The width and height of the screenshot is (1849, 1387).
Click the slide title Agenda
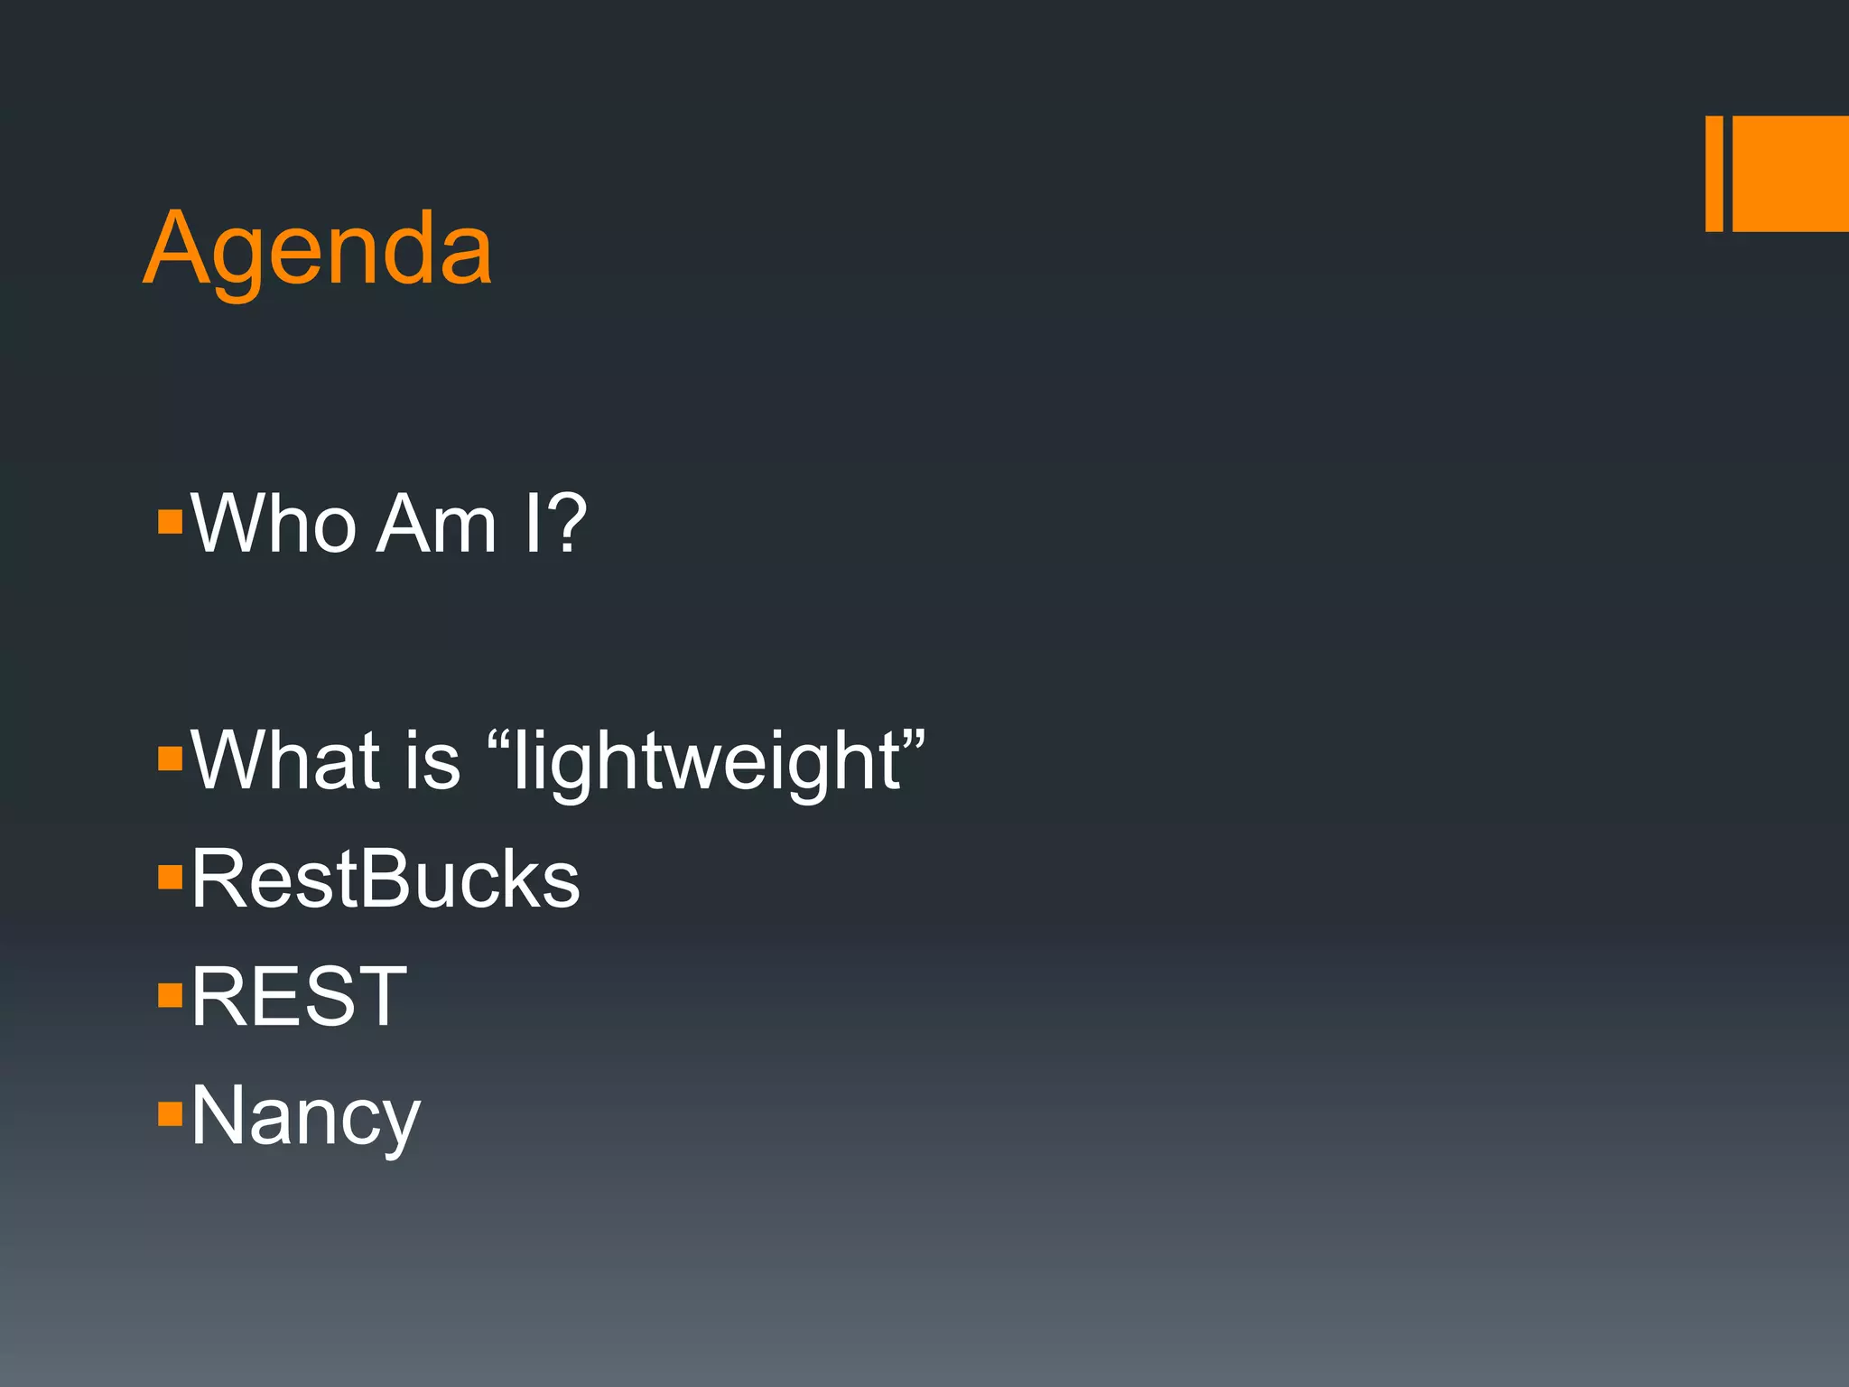click(x=318, y=249)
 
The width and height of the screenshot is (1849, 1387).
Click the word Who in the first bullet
click(x=274, y=525)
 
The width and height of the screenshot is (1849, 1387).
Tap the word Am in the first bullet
click(x=436, y=525)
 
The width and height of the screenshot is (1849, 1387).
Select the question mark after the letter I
click(x=566, y=525)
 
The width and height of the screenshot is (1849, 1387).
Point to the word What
click(x=286, y=761)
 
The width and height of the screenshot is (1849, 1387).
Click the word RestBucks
click(x=386, y=880)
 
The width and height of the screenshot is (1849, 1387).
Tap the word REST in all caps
click(x=299, y=997)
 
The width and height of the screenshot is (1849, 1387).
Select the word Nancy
click(x=305, y=1118)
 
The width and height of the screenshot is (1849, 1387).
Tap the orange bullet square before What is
click(x=170, y=758)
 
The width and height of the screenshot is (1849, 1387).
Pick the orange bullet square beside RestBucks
click(x=170, y=877)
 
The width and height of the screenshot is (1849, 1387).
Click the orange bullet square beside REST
click(x=170, y=995)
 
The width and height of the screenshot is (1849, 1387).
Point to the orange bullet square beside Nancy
click(x=170, y=1114)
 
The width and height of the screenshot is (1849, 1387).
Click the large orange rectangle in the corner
click(x=1790, y=173)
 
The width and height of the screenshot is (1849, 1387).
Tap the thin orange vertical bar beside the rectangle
click(x=1714, y=173)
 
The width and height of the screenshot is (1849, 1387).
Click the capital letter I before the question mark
click(x=533, y=525)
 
